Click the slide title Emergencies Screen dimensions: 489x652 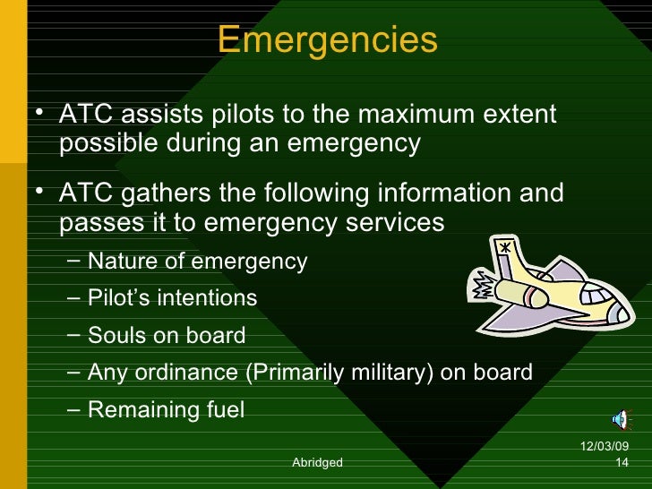327,39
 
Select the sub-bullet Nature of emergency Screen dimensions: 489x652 197,262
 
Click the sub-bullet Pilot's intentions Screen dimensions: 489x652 172,298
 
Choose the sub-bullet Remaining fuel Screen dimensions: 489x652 166,409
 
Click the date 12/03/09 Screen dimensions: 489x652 605,447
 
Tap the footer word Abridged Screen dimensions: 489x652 317,462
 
